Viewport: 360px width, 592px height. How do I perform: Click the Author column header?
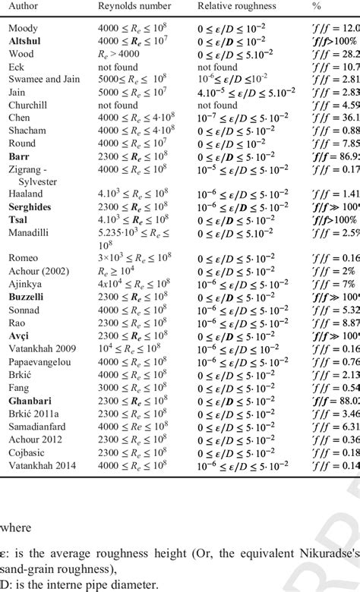[24, 6]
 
